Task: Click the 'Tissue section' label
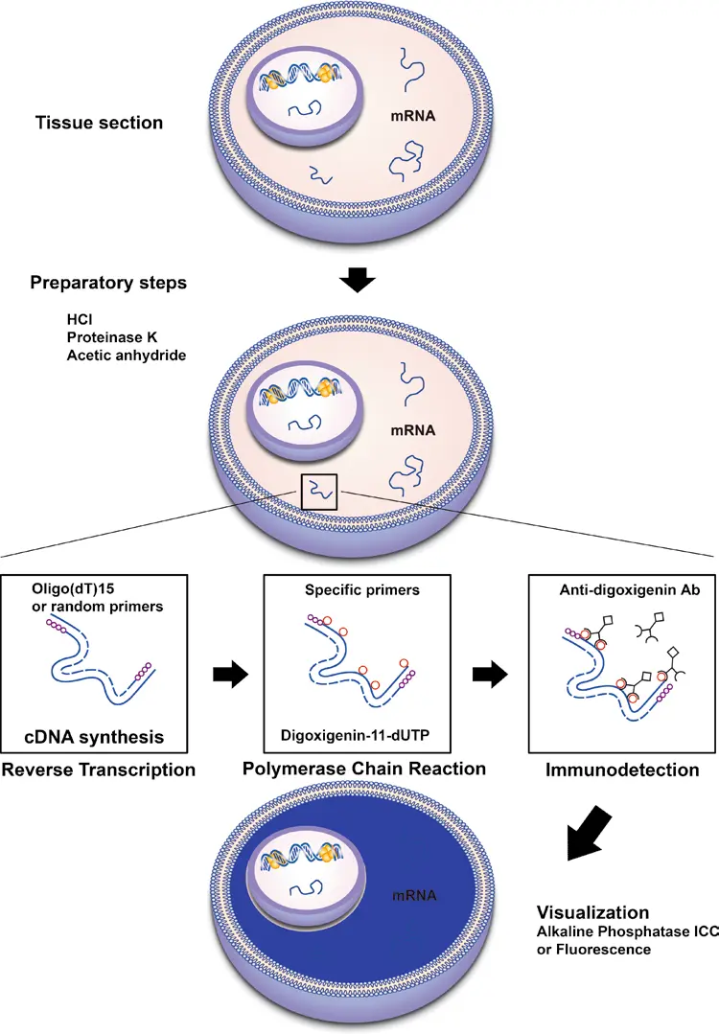click(99, 123)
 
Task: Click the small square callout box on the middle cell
click(319, 492)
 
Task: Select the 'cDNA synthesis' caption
click(92, 737)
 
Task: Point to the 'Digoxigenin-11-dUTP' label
click(359, 734)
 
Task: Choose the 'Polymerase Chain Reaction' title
click(363, 770)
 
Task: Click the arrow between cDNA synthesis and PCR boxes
click(228, 675)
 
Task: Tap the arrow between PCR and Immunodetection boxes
click(490, 675)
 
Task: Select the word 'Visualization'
click(591, 912)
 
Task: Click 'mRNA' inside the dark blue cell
click(413, 896)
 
